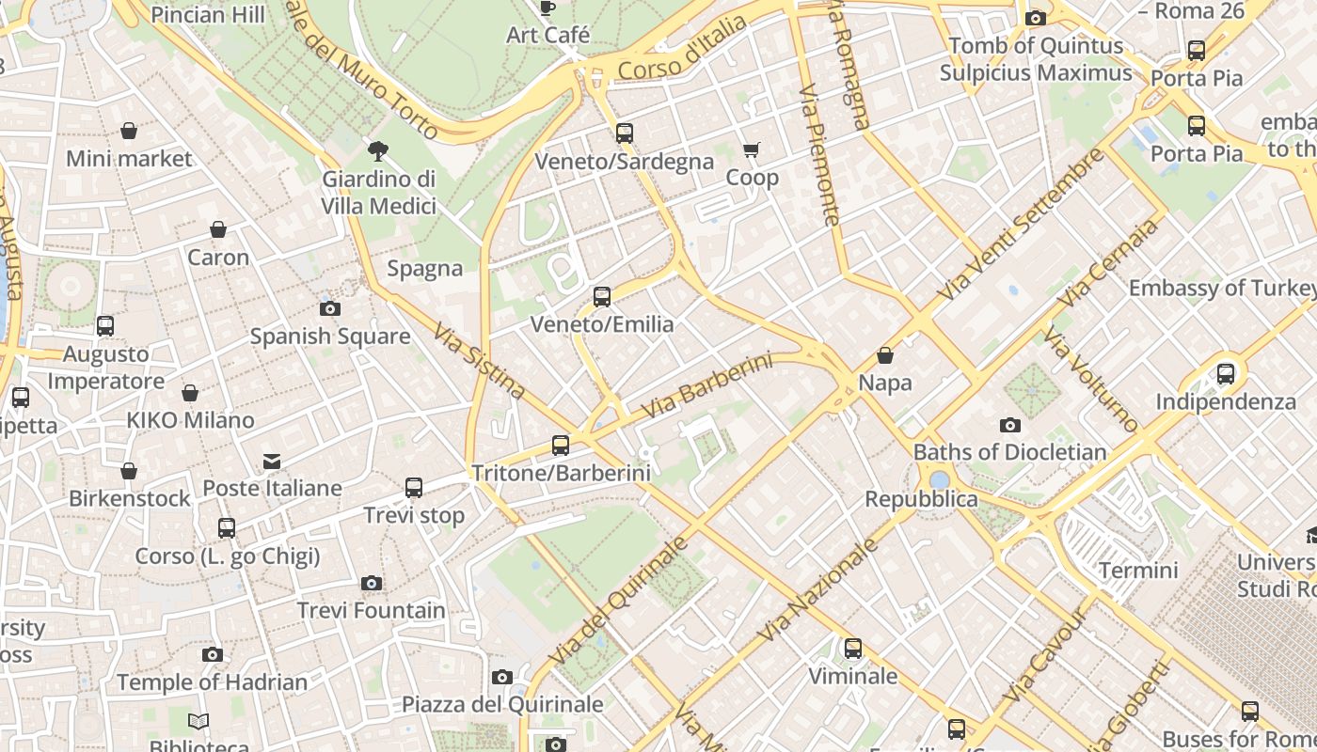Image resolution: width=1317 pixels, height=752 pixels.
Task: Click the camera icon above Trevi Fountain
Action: (x=372, y=584)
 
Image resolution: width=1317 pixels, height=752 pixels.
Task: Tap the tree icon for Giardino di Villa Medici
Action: (x=378, y=150)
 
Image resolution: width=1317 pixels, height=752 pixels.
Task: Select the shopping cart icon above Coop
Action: (x=751, y=150)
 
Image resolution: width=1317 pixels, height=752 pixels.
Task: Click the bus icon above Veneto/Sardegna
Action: (x=625, y=133)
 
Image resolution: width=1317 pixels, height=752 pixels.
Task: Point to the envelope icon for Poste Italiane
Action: (x=272, y=461)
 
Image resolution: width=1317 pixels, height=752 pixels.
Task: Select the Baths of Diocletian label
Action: (x=1009, y=452)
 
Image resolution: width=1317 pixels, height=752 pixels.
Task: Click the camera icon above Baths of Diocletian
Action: (x=1010, y=425)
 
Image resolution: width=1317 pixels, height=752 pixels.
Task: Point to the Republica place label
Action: (x=921, y=499)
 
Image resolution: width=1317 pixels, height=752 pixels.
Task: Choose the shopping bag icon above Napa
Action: (x=885, y=355)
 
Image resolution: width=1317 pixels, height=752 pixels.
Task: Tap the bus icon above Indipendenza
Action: (x=1226, y=374)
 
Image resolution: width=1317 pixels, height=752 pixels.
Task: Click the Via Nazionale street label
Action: (x=817, y=589)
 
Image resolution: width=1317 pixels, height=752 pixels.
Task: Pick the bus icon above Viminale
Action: (x=853, y=649)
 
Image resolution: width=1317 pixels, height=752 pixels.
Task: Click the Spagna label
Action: (x=425, y=269)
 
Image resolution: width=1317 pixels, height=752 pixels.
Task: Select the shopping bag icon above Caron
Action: (x=218, y=229)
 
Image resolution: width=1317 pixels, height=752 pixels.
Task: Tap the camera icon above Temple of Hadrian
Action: (x=213, y=655)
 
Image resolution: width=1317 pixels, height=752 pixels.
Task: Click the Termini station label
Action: (x=1138, y=571)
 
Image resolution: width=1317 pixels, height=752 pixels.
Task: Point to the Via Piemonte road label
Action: (x=818, y=156)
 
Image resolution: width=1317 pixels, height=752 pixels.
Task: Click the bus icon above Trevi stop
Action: (x=414, y=488)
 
